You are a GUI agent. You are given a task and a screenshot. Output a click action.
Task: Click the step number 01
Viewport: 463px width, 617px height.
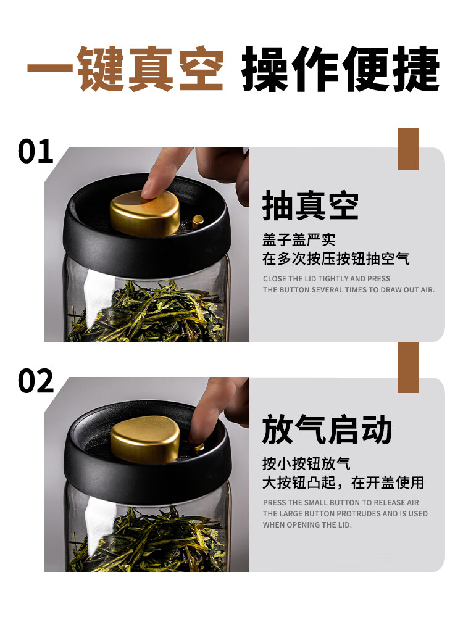pyautogui.click(x=35, y=152)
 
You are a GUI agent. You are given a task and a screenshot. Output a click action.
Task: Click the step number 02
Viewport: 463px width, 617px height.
pyautogui.click(x=36, y=381)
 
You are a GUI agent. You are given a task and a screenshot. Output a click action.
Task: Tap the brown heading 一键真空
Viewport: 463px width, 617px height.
pyautogui.click(x=125, y=69)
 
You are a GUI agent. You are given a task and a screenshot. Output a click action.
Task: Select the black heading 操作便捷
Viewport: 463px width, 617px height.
pyautogui.click(x=341, y=69)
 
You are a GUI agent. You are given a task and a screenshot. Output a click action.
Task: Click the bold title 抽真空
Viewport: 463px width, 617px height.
pyautogui.click(x=311, y=205)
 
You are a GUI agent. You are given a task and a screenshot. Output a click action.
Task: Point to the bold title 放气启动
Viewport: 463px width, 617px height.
pyautogui.click(x=327, y=429)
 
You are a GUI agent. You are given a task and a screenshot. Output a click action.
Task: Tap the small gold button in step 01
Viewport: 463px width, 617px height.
pyautogui.click(x=198, y=221)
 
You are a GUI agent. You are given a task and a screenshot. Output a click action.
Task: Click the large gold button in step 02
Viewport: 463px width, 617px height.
pyautogui.click(x=145, y=439)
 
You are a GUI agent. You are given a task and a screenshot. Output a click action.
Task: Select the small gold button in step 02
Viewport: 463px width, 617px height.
pyautogui.click(x=199, y=447)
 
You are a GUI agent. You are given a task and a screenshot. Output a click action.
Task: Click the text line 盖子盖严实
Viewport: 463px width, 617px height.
pyautogui.click(x=299, y=239)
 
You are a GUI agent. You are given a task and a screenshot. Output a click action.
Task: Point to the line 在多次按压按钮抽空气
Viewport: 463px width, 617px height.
pyautogui.click(x=336, y=259)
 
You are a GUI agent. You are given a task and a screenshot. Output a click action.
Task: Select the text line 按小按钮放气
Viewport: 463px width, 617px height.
pyautogui.click(x=306, y=463)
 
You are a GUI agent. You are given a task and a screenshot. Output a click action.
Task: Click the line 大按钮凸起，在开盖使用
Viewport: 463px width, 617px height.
pyautogui.click(x=343, y=483)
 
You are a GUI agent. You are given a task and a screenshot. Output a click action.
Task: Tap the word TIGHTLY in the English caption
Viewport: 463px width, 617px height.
pyautogui.click(x=333, y=279)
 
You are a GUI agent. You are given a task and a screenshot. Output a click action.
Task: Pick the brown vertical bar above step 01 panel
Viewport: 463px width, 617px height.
pyautogui.click(x=408, y=149)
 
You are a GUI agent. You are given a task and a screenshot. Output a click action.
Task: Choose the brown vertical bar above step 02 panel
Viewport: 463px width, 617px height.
pyautogui.click(x=408, y=367)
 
